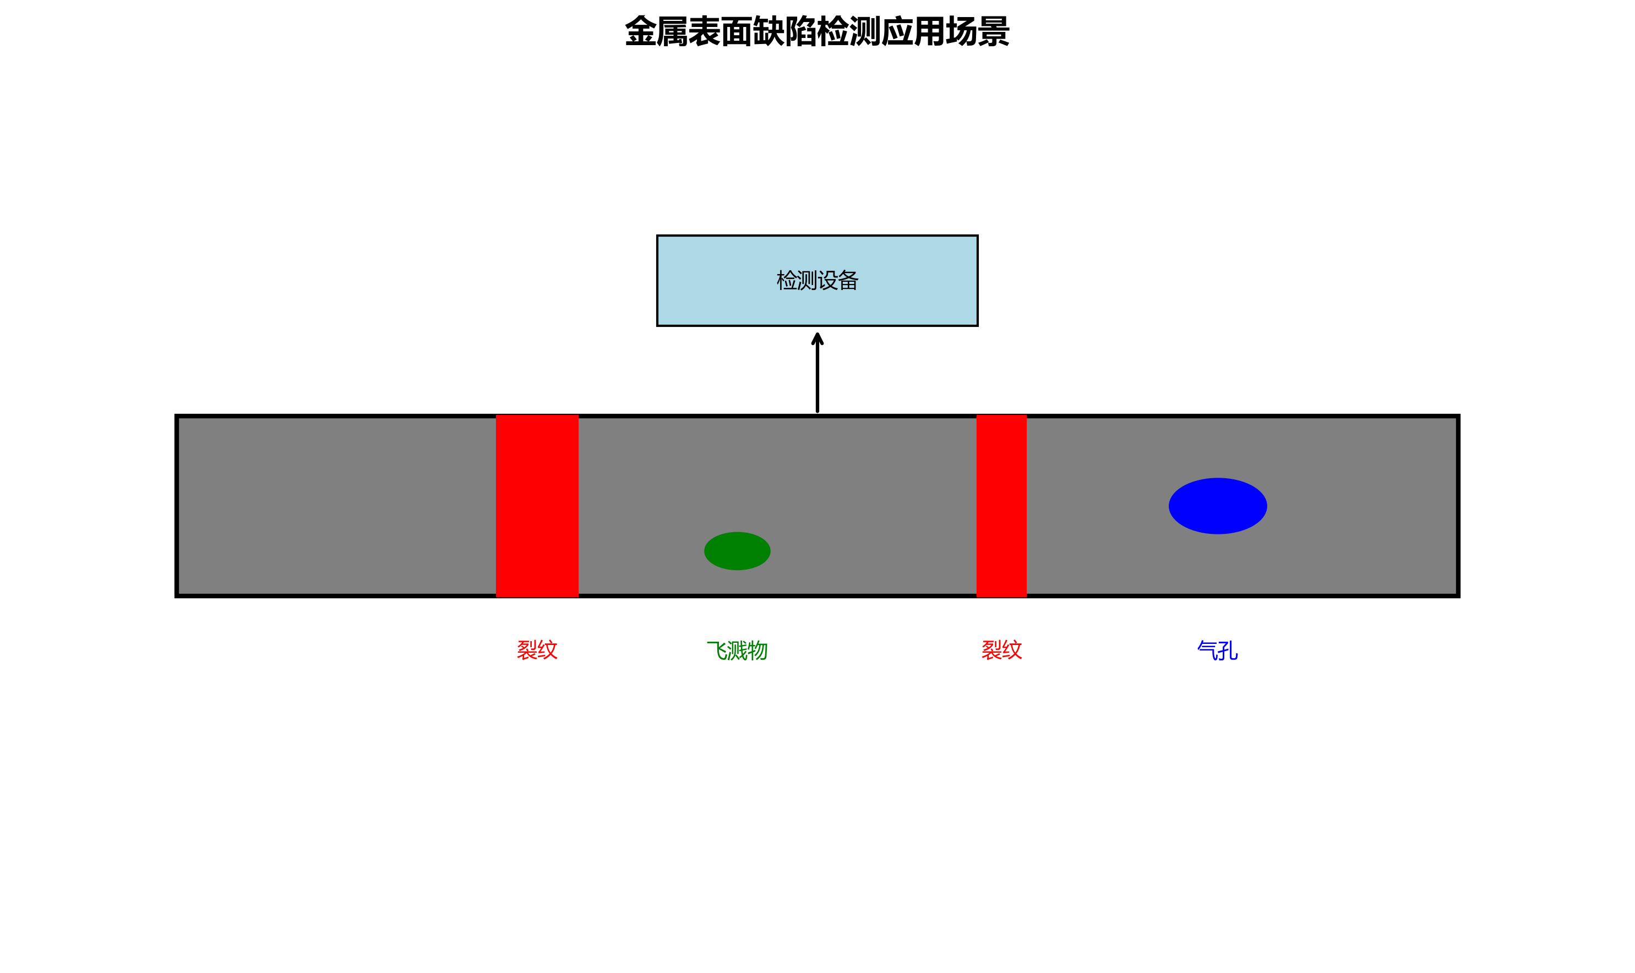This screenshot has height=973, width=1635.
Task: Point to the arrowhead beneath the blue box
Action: click(817, 339)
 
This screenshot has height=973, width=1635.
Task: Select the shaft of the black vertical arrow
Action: click(817, 380)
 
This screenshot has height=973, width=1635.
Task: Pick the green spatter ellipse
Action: click(737, 551)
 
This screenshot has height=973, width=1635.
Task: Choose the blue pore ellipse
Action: click(1217, 506)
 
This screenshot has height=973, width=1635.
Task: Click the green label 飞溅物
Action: click(737, 651)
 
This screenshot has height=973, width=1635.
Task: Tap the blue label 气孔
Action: click(1217, 651)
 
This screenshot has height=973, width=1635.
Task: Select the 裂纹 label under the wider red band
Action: click(537, 650)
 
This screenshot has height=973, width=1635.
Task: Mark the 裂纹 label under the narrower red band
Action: click(1001, 650)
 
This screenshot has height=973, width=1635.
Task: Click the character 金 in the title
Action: click(641, 31)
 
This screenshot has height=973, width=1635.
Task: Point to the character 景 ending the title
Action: click(994, 31)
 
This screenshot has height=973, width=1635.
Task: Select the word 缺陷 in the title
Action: click(785, 31)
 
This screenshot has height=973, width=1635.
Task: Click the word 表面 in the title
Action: click(721, 31)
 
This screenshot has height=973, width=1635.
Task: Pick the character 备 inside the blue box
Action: click(848, 281)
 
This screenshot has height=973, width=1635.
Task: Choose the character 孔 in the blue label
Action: click(1228, 651)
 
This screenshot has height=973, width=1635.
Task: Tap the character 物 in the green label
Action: click(757, 651)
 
